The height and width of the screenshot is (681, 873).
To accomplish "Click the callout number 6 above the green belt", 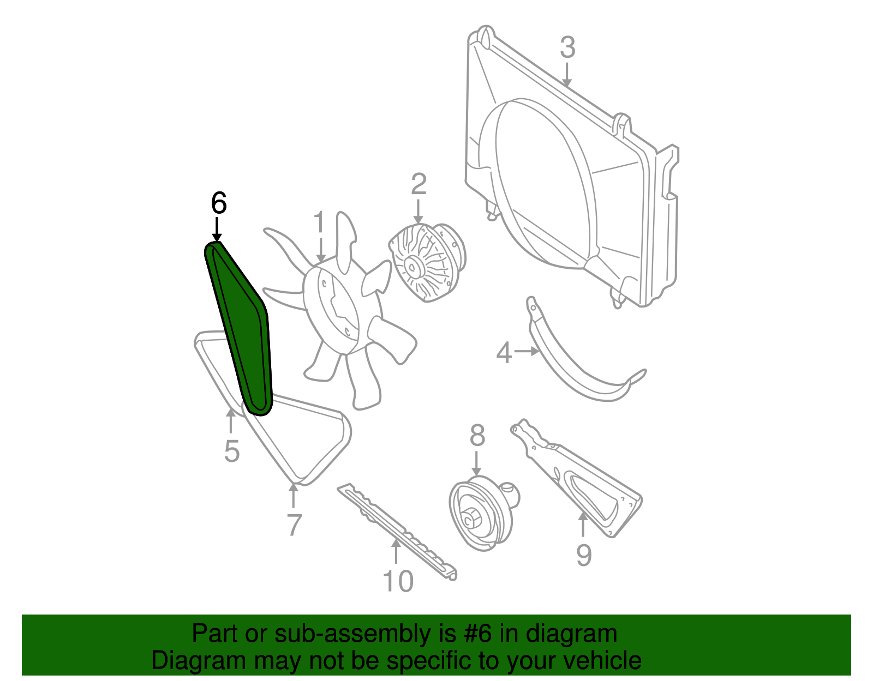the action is (219, 203).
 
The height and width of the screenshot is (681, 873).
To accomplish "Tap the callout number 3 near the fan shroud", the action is (567, 47).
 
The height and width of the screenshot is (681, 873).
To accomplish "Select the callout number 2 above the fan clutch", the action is (418, 185).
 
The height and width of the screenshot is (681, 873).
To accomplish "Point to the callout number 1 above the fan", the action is (319, 222).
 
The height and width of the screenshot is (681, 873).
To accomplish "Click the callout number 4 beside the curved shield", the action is (504, 352).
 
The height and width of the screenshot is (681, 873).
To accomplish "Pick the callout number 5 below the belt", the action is (232, 451).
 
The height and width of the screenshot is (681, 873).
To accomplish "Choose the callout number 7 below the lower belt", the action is (295, 525).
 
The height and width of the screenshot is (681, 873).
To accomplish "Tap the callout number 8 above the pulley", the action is (477, 435).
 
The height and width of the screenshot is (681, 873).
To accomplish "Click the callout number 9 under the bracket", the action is (584, 555).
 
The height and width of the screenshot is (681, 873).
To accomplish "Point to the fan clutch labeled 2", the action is (427, 262).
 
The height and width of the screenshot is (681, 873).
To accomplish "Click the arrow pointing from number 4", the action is (527, 352).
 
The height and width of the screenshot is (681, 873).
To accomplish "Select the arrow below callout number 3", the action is (566, 75).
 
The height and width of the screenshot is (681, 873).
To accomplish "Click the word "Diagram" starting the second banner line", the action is (199, 661).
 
